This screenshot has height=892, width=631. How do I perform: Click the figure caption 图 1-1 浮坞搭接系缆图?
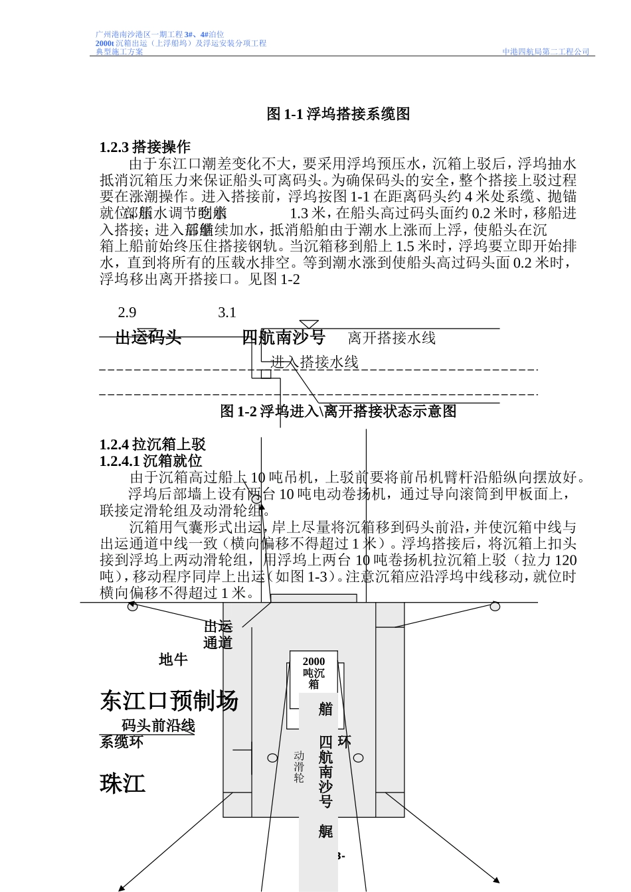pyautogui.click(x=338, y=114)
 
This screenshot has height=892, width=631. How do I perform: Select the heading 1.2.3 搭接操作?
pyautogui.click(x=145, y=147)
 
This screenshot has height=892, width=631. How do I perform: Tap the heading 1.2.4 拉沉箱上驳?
pyautogui.click(x=152, y=445)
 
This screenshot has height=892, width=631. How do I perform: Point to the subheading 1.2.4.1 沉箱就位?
pyautogui.click(x=151, y=461)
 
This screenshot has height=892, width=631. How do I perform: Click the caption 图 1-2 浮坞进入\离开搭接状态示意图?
pyautogui.click(x=338, y=411)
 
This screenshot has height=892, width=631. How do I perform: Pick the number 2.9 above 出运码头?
pyautogui.click(x=127, y=313)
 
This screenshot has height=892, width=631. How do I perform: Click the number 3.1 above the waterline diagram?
pyautogui.click(x=227, y=313)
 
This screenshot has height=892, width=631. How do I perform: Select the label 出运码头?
pyautogui.click(x=148, y=338)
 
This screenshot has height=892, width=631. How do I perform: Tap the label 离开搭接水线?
pyautogui.click(x=391, y=338)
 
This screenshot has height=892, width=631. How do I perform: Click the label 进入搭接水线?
pyautogui.click(x=314, y=362)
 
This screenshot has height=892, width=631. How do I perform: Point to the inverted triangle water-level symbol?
pyautogui.click(x=309, y=325)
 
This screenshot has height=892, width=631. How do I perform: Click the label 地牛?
pyautogui.click(x=173, y=660)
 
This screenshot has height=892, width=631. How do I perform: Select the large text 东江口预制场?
pyautogui.click(x=169, y=701)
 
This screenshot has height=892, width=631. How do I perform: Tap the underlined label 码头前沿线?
pyautogui.click(x=158, y=725)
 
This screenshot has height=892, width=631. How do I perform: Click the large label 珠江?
pyautogui.click(x=123, y=784)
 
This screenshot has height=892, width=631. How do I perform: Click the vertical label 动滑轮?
pyautogui.click(x=299, y=767)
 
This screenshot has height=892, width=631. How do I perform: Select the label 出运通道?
pyautogui.click(x=218, y=634)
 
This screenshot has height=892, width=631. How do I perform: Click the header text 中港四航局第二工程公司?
pyautogui.click(x=545, y=52)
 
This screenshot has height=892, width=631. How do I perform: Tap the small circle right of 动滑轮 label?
pyautogui.click(x=359, y=758)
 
